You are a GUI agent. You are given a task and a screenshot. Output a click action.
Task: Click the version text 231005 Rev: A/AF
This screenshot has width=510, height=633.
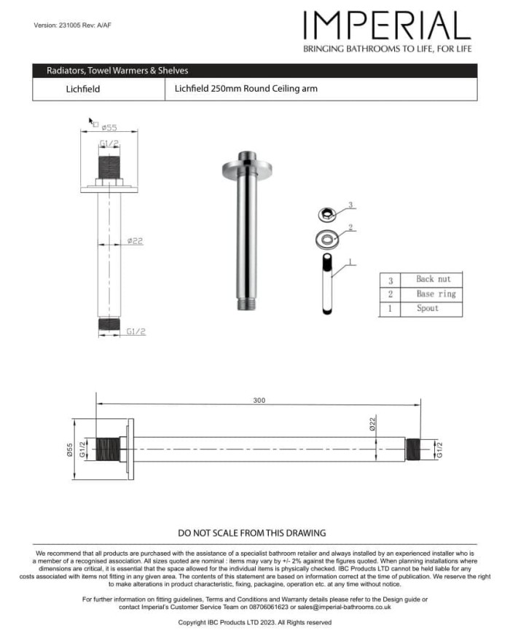coord(72,25)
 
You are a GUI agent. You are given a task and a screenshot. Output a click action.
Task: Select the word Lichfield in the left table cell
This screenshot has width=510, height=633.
coord(82,90)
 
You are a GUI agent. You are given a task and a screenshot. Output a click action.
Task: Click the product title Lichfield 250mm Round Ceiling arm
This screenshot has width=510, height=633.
coord(246,89)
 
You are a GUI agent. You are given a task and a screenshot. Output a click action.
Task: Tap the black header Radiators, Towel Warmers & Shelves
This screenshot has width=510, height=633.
coord(117,71)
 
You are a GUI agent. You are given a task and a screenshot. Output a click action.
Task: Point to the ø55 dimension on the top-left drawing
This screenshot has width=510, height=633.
coord(109,127)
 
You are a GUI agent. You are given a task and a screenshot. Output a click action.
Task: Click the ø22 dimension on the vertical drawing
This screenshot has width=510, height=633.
coord(135,240)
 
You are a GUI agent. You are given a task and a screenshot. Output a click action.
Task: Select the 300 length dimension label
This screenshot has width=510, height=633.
coord(259,401)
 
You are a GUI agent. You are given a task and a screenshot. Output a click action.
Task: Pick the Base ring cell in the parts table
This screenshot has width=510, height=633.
coord(436,294)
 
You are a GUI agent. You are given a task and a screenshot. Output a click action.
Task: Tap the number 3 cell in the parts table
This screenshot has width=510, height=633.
coord(391,280)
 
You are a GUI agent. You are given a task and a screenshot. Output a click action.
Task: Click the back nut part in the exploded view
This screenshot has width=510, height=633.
coord(326,214)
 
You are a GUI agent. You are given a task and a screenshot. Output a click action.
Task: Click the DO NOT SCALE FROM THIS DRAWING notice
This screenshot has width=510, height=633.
coord(252,533)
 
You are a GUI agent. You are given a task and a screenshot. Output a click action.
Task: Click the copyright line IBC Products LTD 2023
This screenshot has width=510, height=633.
coord(254,622)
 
